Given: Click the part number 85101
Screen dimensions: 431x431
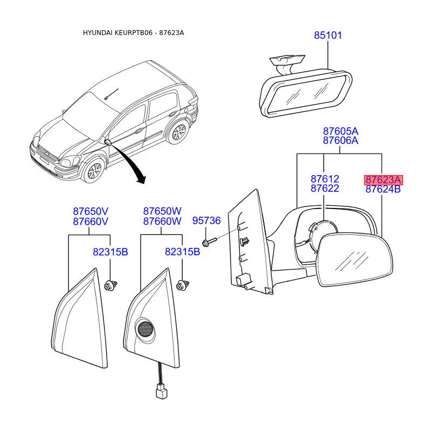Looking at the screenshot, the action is [328, 36].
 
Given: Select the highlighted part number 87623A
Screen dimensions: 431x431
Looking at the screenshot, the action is [383, 179].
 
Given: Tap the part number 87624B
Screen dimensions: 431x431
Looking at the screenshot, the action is [383, 189].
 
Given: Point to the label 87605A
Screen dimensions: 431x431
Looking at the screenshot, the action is [340, 131].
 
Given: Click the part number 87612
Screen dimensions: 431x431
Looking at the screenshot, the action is [324, 178].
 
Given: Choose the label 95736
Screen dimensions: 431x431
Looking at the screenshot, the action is [206, 221].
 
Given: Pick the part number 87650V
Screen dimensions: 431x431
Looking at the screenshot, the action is [91, 211].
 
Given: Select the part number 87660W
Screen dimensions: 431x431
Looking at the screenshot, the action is [162, 221].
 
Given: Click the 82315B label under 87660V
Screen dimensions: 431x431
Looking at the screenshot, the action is [110, 252].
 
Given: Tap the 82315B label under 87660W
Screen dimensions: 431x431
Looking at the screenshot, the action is [183, 252].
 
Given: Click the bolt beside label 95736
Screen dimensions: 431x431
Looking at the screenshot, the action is [209, 240].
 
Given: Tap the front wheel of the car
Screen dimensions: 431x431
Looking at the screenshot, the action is [94, 171].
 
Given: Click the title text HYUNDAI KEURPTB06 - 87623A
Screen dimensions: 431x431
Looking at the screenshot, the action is [133, 33].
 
